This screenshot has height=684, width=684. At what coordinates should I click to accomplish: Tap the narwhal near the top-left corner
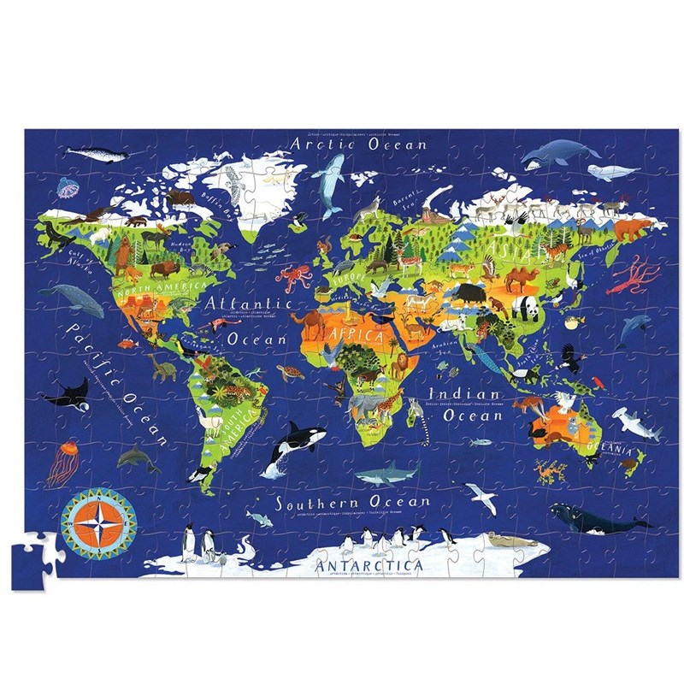97,155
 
